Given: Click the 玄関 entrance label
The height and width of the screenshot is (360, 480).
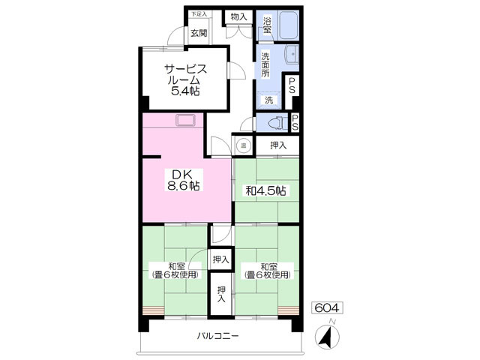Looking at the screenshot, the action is (199, 33).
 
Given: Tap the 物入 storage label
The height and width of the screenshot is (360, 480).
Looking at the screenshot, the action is (238, 16).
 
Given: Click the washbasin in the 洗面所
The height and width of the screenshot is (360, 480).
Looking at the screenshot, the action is (292, 55).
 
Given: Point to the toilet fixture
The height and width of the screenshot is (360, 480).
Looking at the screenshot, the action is (277, 123).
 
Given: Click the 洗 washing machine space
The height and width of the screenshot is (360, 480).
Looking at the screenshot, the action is (268, 100).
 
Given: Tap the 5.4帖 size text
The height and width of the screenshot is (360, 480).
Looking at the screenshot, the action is (185, 91).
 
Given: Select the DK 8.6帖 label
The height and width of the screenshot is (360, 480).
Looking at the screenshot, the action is (184, 180).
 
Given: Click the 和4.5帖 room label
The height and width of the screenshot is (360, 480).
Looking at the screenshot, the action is (266, 191).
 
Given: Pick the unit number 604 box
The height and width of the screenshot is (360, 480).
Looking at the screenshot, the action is (327, 307).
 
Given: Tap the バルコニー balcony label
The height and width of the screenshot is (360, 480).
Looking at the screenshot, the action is (217, 336).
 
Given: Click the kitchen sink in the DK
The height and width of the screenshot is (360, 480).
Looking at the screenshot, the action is (185, 120).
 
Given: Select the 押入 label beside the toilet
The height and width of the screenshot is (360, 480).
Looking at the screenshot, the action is (278, 145).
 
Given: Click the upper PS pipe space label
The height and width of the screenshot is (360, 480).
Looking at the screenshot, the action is (292, 85).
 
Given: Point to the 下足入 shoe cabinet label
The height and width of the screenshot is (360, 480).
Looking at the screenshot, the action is (199, 14).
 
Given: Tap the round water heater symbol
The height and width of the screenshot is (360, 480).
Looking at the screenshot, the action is (244, 145).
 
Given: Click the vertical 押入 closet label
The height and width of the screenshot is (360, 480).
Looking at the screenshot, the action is (221, 294).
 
